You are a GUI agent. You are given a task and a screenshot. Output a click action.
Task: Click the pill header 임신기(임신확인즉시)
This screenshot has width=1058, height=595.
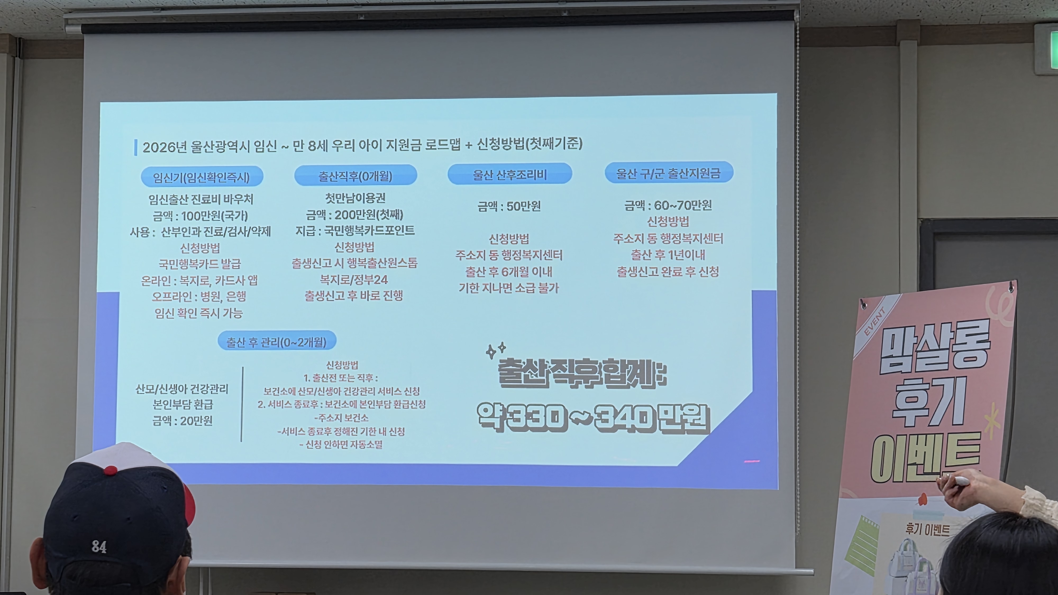[202, 177]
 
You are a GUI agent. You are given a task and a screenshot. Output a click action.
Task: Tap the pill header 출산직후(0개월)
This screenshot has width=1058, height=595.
[356, 176]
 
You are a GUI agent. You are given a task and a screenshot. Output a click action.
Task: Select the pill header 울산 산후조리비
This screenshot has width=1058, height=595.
[510, 174]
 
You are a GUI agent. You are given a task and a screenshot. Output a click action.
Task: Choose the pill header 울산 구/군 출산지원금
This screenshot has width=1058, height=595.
[669, 173]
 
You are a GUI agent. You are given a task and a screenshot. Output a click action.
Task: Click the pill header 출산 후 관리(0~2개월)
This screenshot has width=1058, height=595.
[277, 341]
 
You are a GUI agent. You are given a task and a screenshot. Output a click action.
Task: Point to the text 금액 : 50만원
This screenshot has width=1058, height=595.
[509, 206]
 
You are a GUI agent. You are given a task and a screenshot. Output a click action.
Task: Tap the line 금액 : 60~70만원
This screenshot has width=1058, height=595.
[668, 205]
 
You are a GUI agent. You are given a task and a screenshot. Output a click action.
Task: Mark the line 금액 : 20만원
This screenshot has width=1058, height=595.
[182, 421]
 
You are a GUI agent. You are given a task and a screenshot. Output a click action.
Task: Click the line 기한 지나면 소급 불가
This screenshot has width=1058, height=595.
[509, 288]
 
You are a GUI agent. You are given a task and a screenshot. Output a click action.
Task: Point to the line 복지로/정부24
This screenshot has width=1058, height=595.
[354, 280]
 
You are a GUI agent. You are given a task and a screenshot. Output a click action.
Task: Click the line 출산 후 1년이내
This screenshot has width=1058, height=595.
[668, 255]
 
